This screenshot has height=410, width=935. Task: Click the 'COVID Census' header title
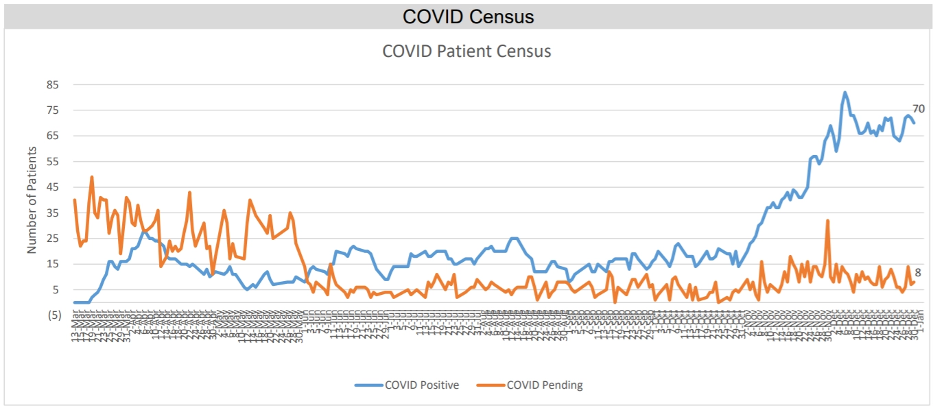pos(467,16)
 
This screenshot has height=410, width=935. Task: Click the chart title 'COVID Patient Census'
pos(466,51)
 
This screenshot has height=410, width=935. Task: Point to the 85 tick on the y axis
pos(53,85)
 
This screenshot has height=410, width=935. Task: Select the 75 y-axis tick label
pos(53,110)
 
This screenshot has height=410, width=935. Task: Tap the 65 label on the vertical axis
pos(53,136)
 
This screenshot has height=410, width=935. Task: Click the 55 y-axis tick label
pos(53,162)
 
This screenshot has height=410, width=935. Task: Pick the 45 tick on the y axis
pos(53,187)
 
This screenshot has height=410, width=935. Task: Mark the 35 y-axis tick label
pos(53,213)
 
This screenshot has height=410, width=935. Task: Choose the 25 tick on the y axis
pos(53,239)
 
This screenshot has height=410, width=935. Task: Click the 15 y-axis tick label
pos(53,264)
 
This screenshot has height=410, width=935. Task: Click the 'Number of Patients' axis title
pos(32,199)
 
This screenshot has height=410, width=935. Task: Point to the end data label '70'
pos(919,108)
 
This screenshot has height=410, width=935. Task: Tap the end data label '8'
pos(918,272)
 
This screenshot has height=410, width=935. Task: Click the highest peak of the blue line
pos(844,93)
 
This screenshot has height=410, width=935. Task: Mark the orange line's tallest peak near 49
pos(91,177)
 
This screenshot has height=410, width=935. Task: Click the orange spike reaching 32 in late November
pos(828,221)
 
